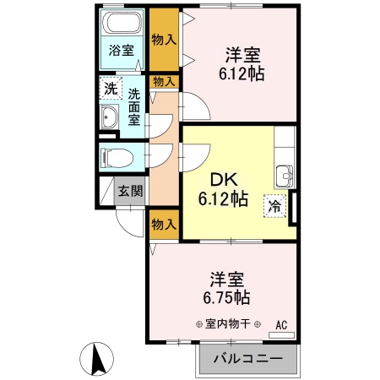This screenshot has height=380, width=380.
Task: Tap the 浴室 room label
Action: [121, 50]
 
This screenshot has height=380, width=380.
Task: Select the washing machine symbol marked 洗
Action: [111, 88]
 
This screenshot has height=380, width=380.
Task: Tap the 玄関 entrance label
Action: [129, 191]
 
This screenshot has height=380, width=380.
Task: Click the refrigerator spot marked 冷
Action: [275, 204]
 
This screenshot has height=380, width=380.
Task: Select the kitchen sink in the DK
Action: [285, 176]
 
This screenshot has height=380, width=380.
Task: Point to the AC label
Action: [281, 324]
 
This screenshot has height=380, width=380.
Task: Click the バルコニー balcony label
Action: [250, 357]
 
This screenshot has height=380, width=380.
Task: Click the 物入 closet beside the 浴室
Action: [163, 39]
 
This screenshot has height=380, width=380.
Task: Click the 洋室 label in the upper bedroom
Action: [242, 55]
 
